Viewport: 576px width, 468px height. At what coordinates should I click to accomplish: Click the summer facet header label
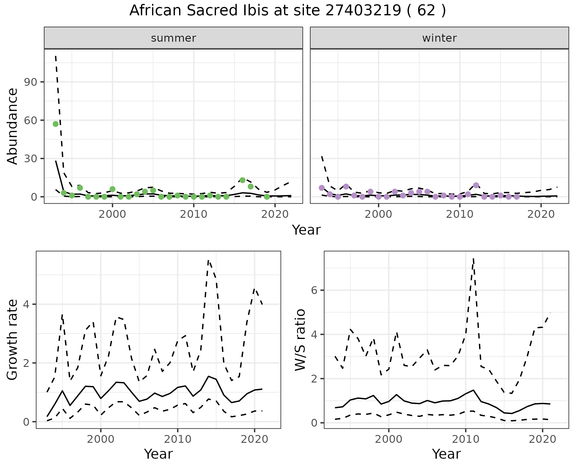(173, 38)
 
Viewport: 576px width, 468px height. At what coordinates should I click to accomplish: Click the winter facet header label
(439, 38)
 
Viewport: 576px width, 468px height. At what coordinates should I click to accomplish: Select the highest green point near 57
(55, 124)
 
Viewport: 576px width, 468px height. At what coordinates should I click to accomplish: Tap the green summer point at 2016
(242, 180)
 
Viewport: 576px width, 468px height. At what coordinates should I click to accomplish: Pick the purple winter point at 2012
(476, 185)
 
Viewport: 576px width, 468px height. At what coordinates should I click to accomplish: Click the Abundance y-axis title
(13, 126)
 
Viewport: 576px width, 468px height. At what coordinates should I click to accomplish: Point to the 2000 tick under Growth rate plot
(101, 439)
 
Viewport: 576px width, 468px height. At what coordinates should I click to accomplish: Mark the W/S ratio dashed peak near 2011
(473, 258)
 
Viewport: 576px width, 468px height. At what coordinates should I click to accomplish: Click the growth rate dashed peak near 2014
(208, 260)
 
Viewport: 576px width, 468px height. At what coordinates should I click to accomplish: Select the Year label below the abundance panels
(306, 230)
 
